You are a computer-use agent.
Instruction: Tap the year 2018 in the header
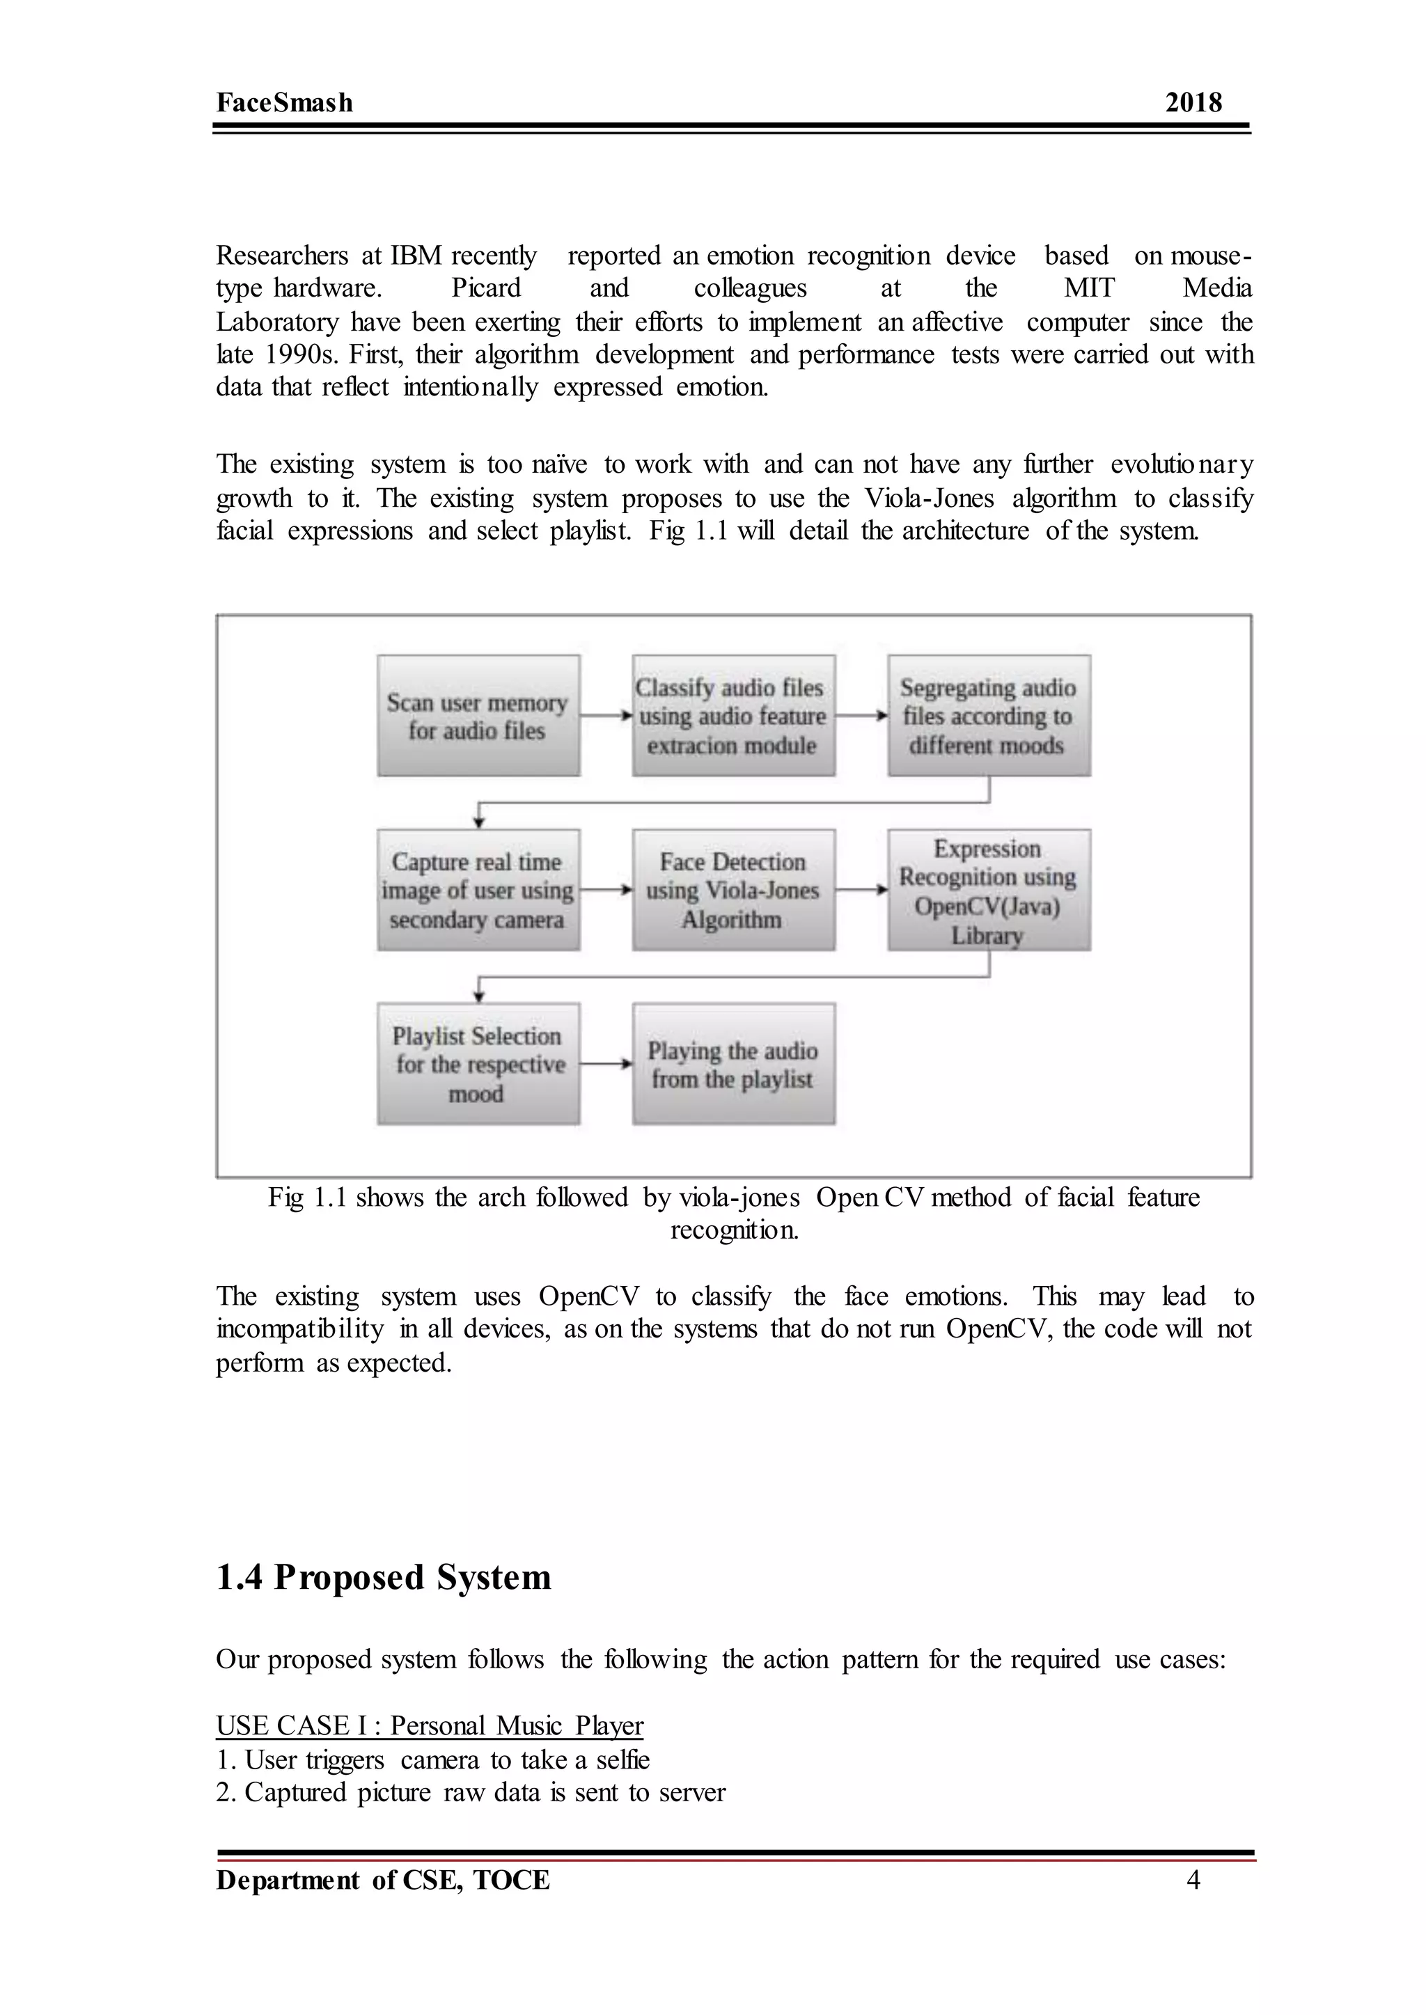[x=1193, y=103]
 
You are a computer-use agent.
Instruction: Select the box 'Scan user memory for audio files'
[x=478, y=716]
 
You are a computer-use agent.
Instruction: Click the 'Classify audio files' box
[x=732, y=716]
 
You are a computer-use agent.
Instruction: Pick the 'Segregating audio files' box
[x=988, y=716]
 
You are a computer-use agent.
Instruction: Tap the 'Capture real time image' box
[x=478, y=889]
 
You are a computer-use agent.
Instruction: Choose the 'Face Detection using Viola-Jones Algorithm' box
[x=732, y=889]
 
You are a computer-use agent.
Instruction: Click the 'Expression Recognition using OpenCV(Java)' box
[x=988, y=889]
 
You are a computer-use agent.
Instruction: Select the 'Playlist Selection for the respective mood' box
[x=478, y=1063]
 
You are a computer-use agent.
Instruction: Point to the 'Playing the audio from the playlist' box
[x=732, y=1063]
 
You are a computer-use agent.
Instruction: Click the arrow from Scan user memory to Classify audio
[x=606, y=716]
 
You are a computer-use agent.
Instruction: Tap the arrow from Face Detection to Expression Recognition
[x=861, y=889]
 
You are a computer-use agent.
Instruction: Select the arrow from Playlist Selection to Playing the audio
[x=606, y=1063]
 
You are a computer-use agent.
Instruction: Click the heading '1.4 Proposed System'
[x=384, y=1578]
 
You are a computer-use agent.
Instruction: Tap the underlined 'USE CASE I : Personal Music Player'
[x=430, y=1725]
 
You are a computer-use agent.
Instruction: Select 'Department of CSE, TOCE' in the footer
[x=383, y=1880]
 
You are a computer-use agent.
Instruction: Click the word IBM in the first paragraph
[x=416, y=256]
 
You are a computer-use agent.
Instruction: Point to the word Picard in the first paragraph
[x=485, y=288]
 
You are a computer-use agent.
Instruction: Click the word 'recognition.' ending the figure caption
[x=734, y=1230]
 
